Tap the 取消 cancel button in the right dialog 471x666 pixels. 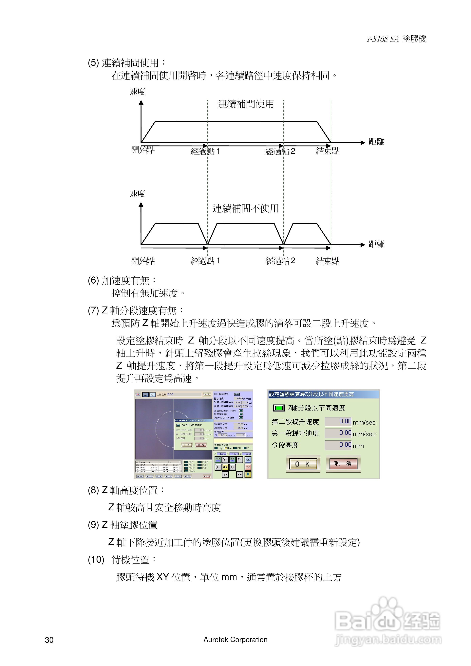pos(343,464)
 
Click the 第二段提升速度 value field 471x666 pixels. pos(338,421)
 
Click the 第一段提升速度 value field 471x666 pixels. pos(338,433)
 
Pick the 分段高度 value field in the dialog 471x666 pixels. pos(338,445)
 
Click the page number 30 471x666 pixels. pos(49,640)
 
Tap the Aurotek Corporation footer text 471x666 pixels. pos(235,640)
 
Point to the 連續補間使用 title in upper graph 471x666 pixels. pos(246,104)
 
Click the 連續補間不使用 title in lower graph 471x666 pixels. pos(246,208)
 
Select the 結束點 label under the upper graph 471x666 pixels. pos(328,151)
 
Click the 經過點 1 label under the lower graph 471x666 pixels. pos(205,261)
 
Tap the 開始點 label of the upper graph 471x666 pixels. pos(143,150)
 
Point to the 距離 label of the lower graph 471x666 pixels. pos(376,244)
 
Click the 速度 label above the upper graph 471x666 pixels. pos(137,92)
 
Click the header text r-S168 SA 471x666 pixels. pos(383,39)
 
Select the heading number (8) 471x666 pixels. pos(93,490)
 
